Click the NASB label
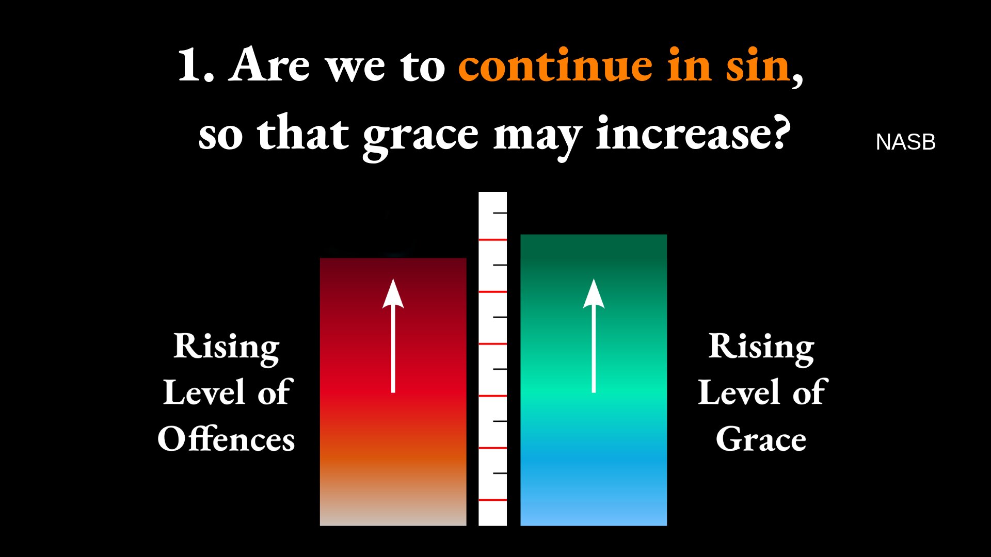click(x=905, y=142)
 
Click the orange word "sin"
click(x=757, y=65)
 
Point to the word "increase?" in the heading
click(x=693, y=133)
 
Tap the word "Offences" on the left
click(x=226, y=439)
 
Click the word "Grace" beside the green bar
click(x=761, y=439)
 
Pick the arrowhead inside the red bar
click(x=393, y=293)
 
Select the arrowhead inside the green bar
click(x=594, y=293)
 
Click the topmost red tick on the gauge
click(x=492, y=240)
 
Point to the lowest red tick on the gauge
click(x=492, y=500)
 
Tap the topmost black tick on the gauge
click(x=500, y=212)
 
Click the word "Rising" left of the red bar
click(x=226, y=347)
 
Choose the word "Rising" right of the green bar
click(x=761, y=347)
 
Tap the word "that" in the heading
click(x=303, y=133)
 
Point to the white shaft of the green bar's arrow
click(x=594, y=350)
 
